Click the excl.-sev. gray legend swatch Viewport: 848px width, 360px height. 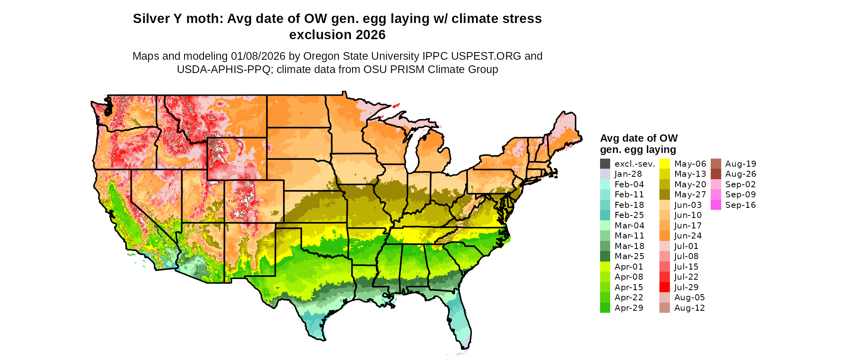[x=605, y=164]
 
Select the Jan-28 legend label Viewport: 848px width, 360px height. [x=628, y=174]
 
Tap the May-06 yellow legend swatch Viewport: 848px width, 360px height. [x=665, y=164]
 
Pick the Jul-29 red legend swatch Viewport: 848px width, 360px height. [x=665, y=287]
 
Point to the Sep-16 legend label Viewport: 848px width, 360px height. [x=740, y=205]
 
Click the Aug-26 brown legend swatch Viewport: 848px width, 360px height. [x=716, y=174]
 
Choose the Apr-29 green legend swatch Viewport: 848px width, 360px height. [x=605, y=308]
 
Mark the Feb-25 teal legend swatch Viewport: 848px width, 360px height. [x=605, y=215]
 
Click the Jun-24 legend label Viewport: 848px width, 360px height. [x=688, y=236]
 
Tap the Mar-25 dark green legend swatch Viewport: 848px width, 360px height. [x=605, y=256]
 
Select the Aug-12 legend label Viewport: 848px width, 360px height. [x=689, y=308]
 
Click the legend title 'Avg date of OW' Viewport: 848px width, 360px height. [x=638, y=138]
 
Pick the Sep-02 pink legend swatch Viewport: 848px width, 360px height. [x=716, y=184]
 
